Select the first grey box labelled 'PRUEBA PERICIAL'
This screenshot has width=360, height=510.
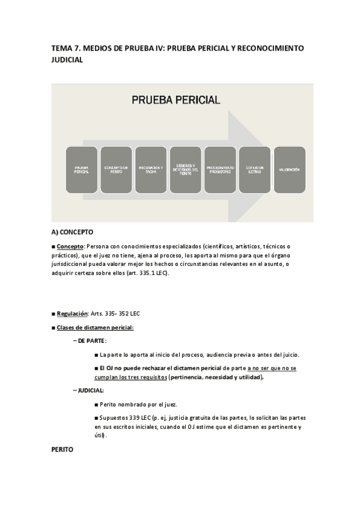point(82,170)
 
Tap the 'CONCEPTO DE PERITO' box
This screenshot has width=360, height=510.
point(116,170)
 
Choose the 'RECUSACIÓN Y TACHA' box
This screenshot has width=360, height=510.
point(151,170)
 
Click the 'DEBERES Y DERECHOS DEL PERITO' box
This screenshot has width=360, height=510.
point(185,170)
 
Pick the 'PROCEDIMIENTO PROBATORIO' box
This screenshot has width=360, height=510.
point(220,170)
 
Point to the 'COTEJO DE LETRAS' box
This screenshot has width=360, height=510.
point(255,170)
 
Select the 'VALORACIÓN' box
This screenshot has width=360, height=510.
point(289,170)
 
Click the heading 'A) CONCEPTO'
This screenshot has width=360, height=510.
point(72,232)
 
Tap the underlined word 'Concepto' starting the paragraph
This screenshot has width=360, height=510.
point(70,246)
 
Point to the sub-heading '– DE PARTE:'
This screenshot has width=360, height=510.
point(90,341)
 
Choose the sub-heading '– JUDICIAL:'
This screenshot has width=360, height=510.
point(88,390)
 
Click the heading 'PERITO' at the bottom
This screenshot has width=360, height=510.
point(63,449)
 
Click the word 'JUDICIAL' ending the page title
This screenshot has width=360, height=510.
point(67,60)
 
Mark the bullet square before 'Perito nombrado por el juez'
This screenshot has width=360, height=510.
point(96,404)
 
